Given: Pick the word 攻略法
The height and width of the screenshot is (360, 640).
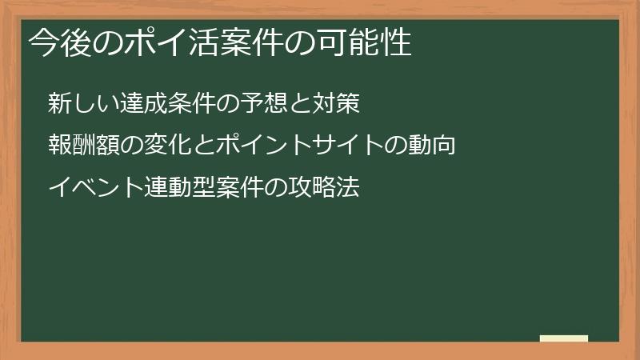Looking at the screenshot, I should pyautogui.click(x=324, y=188).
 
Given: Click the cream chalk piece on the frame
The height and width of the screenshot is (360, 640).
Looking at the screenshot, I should pyautogui.click(x=563, y=338).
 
